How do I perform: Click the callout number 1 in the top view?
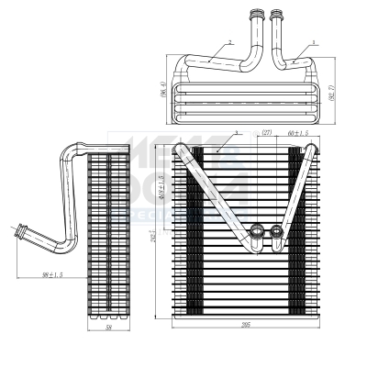pyautogui.click(x=314, y=42)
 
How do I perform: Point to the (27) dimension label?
pyautogui.click(x=268, y=133)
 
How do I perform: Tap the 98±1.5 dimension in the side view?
pyautogui.click(x=50, y=272)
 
